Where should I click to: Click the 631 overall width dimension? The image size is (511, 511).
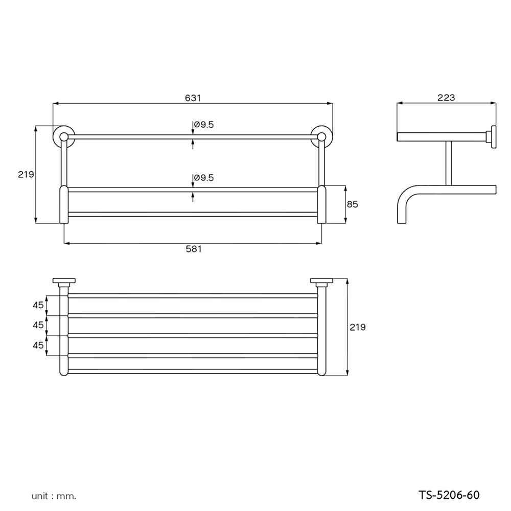point(193,98)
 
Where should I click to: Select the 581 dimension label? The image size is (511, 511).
point(194,249)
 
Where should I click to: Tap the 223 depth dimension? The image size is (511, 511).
point(446,98)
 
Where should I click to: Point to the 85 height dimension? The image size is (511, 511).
point(352,204)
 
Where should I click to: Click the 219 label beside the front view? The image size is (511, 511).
point(26,174)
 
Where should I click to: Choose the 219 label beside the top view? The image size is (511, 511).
point(358,327)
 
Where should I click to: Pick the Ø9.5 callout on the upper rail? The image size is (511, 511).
point(203,124)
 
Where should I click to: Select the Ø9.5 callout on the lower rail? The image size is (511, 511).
point(203,178)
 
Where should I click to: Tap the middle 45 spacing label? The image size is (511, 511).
point(38,325)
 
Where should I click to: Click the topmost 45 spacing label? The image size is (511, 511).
point(38,305)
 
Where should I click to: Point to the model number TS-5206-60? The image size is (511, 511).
point(449,495)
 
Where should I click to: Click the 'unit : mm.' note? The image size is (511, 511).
point(54,496)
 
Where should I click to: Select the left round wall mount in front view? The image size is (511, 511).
point(63,136)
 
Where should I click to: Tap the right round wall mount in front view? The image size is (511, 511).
point(321,136)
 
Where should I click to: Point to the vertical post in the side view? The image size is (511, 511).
point(448,162)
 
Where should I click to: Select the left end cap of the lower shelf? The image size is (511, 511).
point(63,204)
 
